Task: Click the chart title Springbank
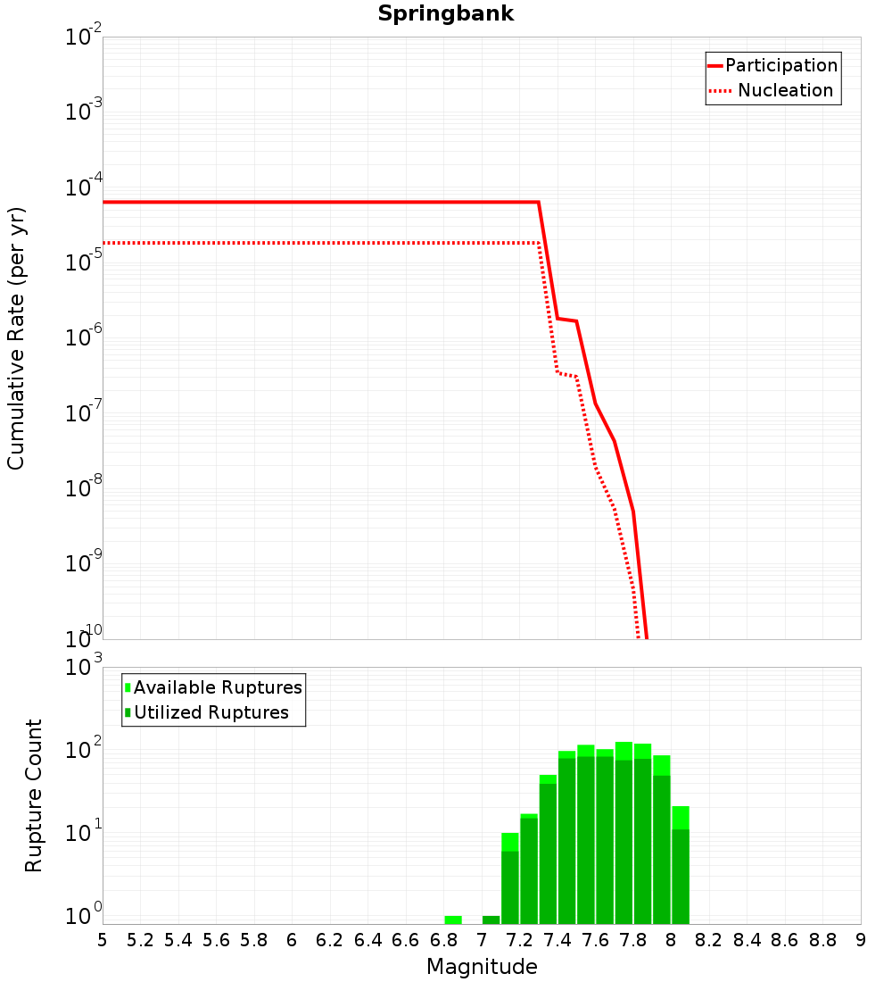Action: click(x=445, y=14)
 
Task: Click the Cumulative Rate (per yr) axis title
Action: click(x=16, y=338)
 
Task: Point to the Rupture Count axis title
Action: click(x=34, y=795)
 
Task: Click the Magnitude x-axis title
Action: click(x=482, y=967)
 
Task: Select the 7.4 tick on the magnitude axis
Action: click(x=557, y=940)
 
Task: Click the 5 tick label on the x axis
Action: click(x=103, y=940)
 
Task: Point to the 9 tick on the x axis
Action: click(x=861, y=940)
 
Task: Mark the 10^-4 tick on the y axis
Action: click(x=84, y=188)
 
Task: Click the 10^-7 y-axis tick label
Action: click(x=84, y=413)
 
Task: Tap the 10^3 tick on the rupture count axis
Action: click(x=84, y=668)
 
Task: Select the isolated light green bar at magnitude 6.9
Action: click(x=453, y=920)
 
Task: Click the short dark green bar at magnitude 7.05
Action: click(x=491, y=920)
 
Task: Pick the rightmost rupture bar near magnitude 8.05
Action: click(x=681, y=866)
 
